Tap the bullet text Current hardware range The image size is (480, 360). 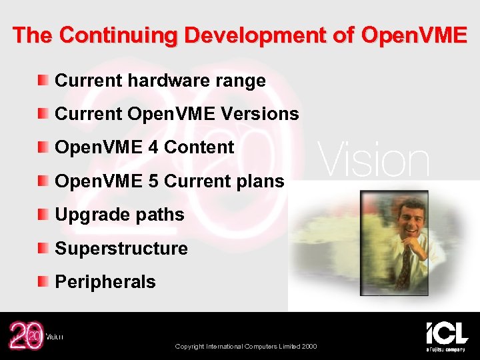[160, 81]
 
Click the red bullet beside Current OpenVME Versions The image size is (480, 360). [43, 114]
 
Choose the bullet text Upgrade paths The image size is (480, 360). [119, 215]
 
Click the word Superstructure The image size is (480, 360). [121, 249]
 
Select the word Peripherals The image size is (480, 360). [105, 282]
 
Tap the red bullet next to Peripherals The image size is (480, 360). [43, 282]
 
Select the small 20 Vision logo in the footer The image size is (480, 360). [33, 335]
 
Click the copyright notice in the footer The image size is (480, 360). [246, 346]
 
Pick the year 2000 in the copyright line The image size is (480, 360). [309, 346]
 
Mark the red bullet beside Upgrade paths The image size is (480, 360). [43, 215]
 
